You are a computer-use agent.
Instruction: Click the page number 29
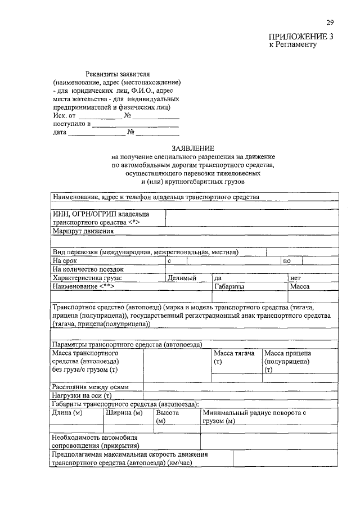pos(330,22)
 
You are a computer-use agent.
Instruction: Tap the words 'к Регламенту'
pos(293,44)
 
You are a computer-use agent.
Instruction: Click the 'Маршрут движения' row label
pos(83,231)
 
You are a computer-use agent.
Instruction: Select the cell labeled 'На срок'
pos(65,260)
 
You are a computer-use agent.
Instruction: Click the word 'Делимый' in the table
pos(181,278)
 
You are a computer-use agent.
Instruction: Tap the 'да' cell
pos(218,278)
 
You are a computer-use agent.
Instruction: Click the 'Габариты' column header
pos(229,286)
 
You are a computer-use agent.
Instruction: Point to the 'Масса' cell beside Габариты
pos(299,286)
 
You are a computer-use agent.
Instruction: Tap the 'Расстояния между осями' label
pos(90,387)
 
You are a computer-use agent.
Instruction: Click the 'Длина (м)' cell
pos(67,412)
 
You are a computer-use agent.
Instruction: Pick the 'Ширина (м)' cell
pos(123,412)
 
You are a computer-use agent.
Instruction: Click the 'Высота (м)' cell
pos(168,416)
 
